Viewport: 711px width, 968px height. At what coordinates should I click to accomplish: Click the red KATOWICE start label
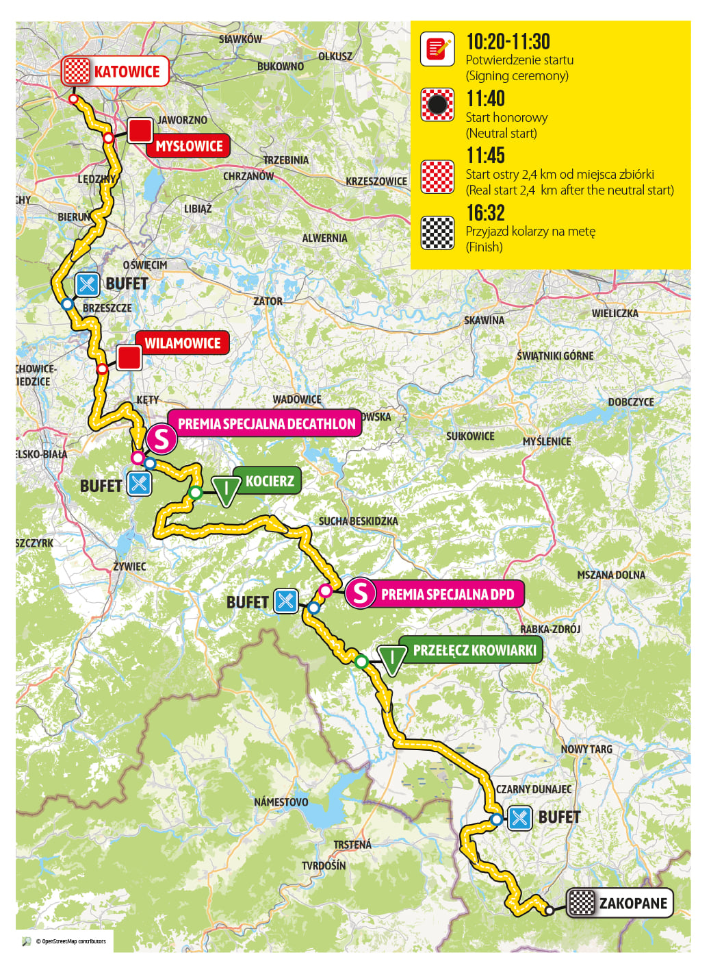(x=127, y=71)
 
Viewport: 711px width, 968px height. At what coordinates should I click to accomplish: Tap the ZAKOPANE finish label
(x=632, y=903)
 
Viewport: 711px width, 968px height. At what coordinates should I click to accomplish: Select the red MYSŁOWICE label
(x=189, y=146)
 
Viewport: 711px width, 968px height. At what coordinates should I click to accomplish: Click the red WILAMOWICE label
(x=182, y=343)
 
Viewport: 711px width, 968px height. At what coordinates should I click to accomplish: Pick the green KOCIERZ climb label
(x=270, y=481)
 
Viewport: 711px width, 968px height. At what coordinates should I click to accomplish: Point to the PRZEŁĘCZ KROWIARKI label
(x=474, y=650)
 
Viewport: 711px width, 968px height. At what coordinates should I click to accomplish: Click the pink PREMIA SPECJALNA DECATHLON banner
(x=266, y=424)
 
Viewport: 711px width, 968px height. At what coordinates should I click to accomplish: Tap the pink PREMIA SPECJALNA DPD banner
(x=447, y=595)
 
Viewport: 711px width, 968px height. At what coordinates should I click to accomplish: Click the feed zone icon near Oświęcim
(x=87, y=284)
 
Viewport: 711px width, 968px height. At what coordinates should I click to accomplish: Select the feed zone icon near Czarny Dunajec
(x=519, y=817)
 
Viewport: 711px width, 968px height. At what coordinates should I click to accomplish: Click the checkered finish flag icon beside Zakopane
(x=582, y=903)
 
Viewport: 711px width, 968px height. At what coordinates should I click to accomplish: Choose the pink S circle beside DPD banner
(x=360, y=593)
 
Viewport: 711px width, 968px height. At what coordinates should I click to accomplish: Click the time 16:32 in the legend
(x=485, y=213)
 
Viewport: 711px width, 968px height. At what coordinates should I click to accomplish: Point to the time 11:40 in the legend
(x=485, y=99)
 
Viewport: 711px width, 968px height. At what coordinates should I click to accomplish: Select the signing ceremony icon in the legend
(x=437, y=49)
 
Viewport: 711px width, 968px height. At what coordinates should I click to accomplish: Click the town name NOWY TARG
(x=586, y=749)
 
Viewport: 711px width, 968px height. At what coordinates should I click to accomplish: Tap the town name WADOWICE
(x=296, y=399)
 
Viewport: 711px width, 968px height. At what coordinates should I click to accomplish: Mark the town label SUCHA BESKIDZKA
(x=358, y=521)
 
